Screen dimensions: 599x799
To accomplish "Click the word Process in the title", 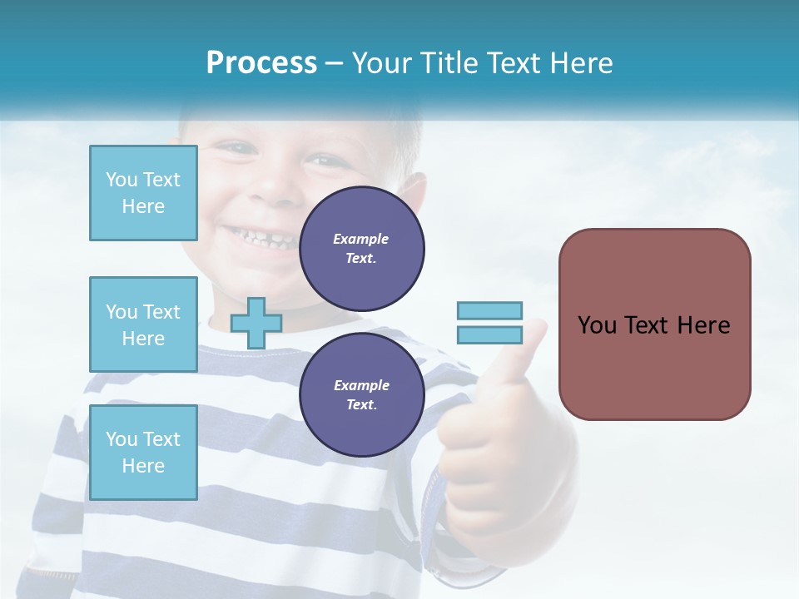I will click(x=261, y=63).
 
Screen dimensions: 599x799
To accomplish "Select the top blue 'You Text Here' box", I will click(x=143, y=193).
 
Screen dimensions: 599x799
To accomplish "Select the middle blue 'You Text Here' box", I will click(x=143, y=324).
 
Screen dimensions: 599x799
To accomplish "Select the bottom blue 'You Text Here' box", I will click(x=143, y=452).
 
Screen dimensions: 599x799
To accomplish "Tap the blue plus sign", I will click(x=256, y=323).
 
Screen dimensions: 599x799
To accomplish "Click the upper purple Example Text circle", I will click(x=361, y=248).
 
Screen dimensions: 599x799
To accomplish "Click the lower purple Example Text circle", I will click(x=361, y=394).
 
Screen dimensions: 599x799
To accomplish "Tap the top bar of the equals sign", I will click(x=489, y=311).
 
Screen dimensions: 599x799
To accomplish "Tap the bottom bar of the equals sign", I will click(x=489, y=335).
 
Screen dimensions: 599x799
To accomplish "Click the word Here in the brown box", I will click(x=703, y=325).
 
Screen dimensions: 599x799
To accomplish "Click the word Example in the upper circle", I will click(x=361, y=239).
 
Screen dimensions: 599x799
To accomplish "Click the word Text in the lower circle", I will click(x=361, y=404).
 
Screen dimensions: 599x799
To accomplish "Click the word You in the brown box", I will click(x=597, y=325).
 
